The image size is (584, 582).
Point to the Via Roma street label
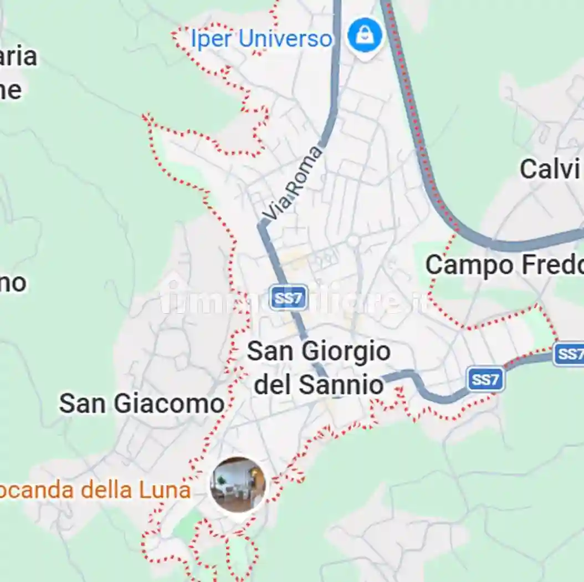pos(293,183)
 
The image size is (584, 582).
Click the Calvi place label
pos(549,169)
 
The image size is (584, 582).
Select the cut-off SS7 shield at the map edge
pos(569,354)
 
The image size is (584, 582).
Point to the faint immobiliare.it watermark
pos(294,300)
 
